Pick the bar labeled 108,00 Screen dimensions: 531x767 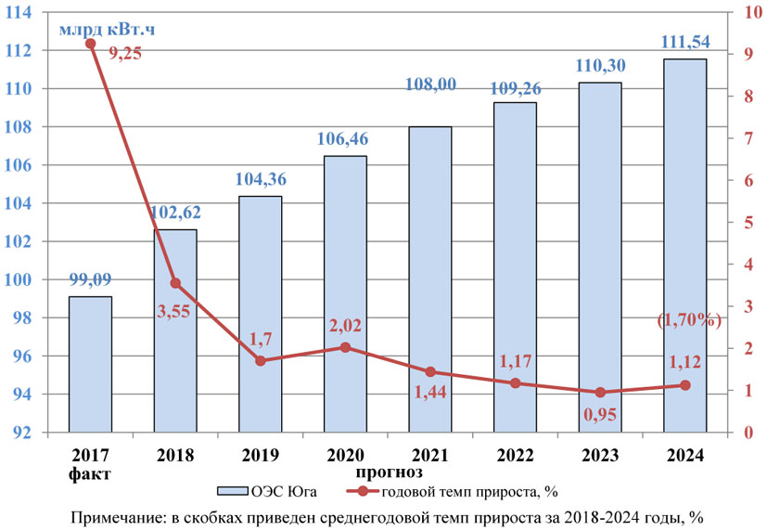point(429,279)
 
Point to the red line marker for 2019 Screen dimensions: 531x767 point(261,360)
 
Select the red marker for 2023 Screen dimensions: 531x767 point(600,393)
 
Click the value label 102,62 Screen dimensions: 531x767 point(174,213)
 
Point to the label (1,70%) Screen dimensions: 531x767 point(689,320)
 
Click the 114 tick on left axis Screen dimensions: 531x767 point(43,12)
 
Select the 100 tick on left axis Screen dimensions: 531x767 point(43,279)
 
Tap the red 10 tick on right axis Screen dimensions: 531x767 point(747,12)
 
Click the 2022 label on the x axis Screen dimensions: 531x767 point(515,456)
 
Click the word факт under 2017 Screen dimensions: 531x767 point(90,473)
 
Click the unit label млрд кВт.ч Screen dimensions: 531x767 point(108,29)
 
